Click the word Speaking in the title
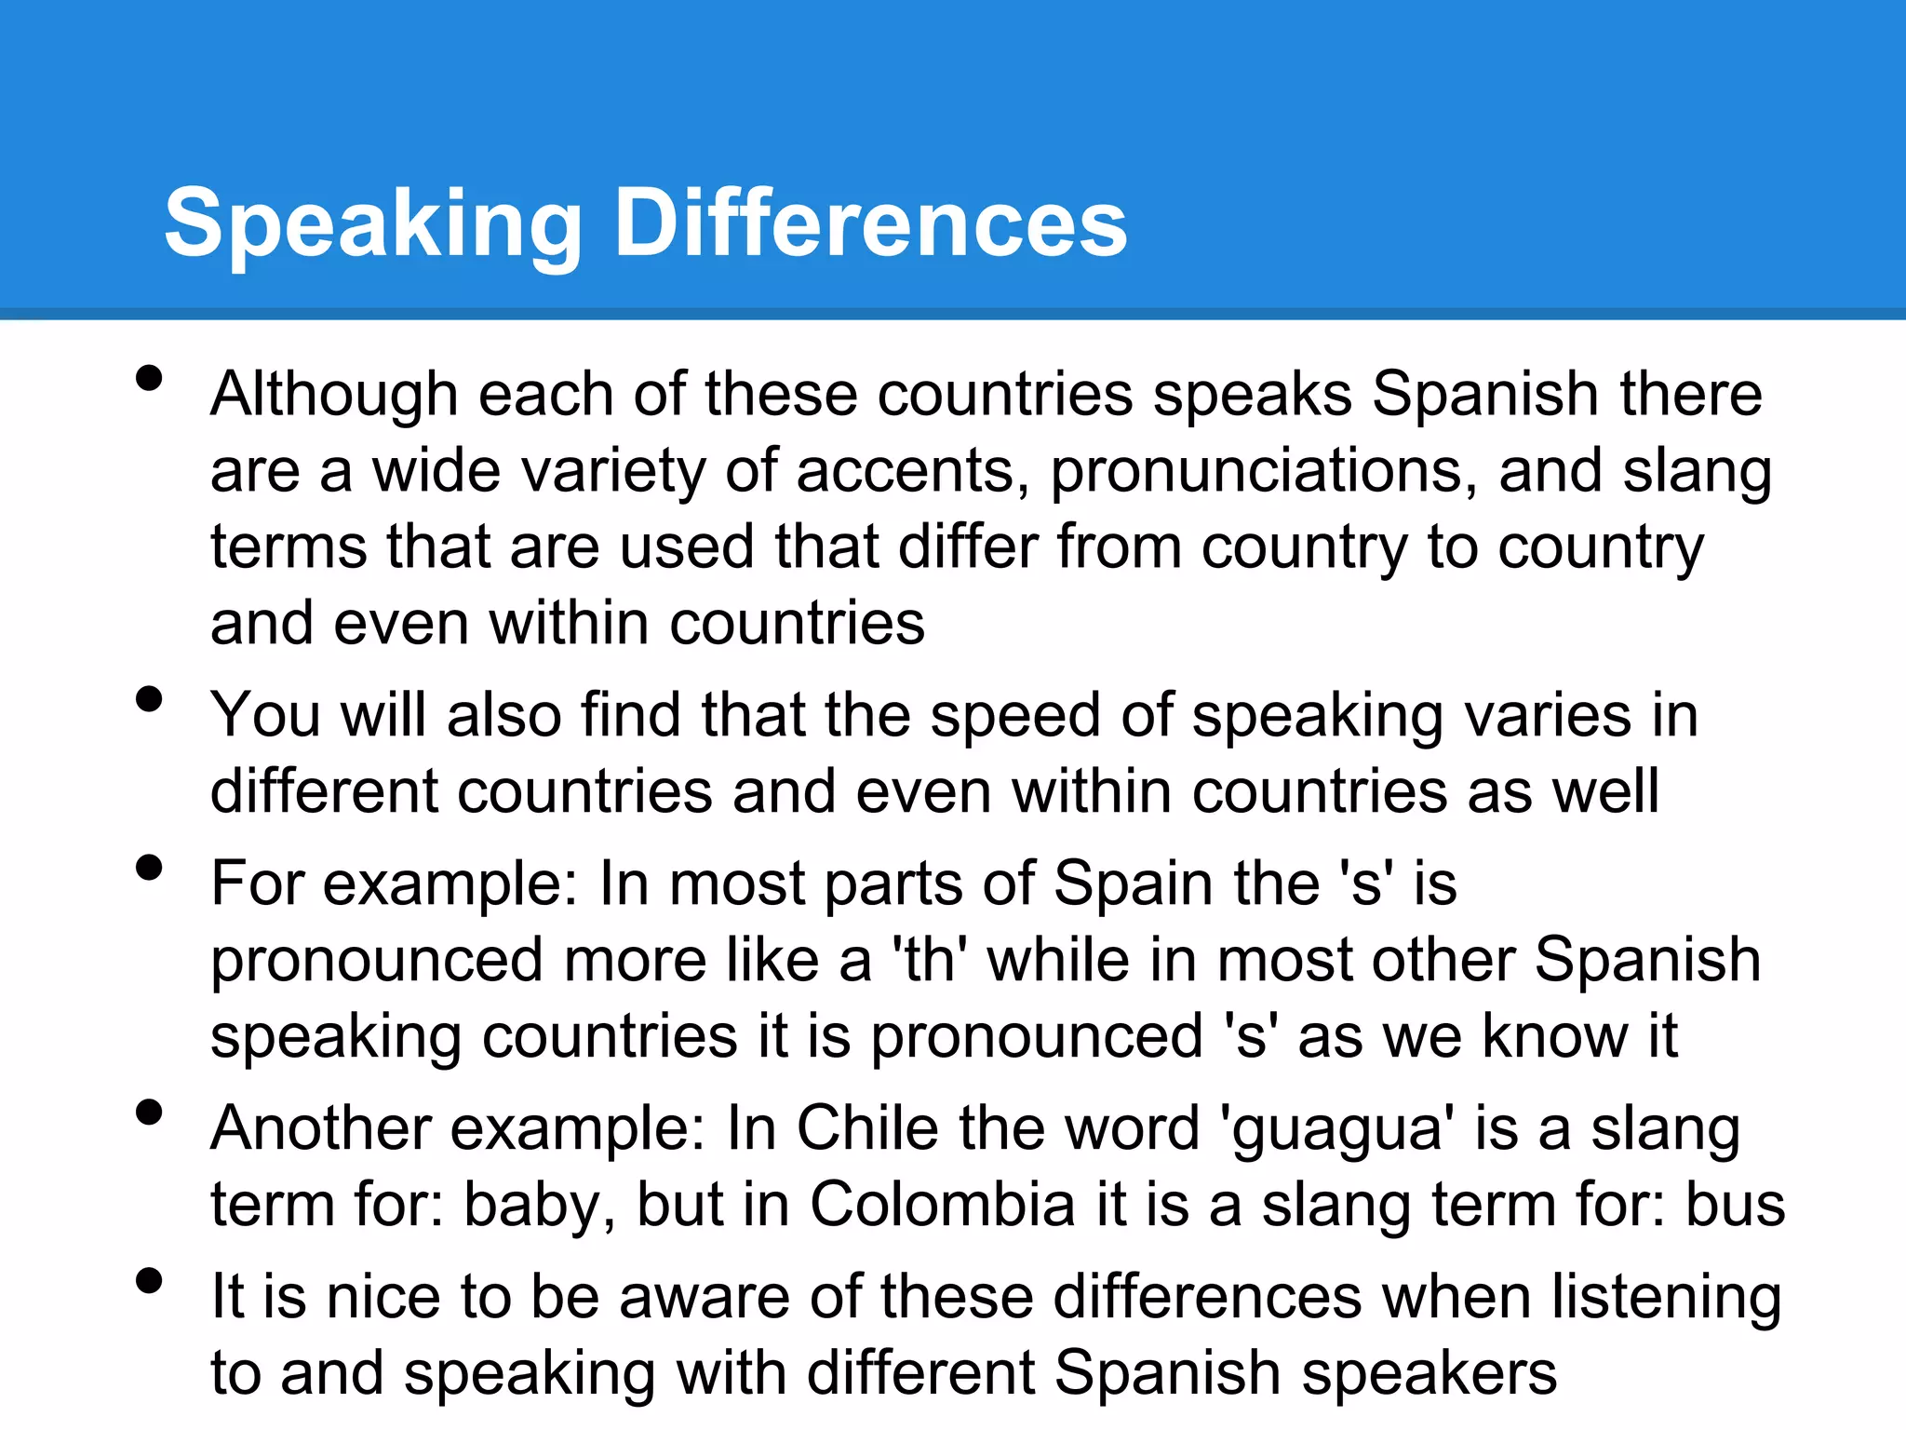point(372,223)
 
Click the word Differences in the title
point(871,223)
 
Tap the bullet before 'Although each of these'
point(149,378)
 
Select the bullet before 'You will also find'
point(149,699)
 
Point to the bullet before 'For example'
point(149,868)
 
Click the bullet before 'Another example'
point(149,1113)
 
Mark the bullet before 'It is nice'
point(149,1281)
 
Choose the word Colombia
point(943,1206)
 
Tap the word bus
point(1736,1206)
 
